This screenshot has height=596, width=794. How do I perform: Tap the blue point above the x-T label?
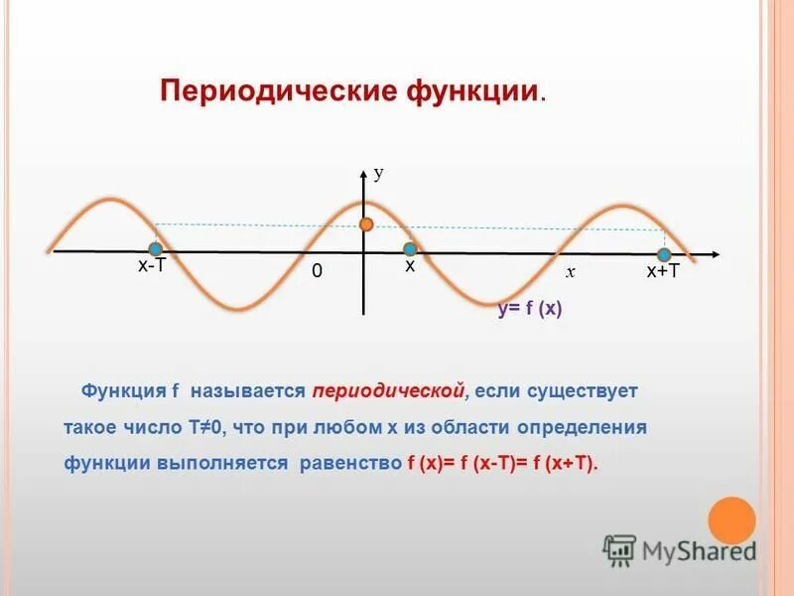tap(156, 249)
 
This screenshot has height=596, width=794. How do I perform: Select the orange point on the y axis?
tap(366, 224)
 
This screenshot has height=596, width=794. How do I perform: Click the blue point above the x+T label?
tap(664, 254)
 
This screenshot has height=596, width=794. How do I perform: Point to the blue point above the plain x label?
tap(409, 249)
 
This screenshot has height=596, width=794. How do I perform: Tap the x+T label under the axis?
tap(663, 272)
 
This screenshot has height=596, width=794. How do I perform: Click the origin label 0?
tap(317, 271)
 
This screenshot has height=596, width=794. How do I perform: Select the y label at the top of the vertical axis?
tap(378, 173)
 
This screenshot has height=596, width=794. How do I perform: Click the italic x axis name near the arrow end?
tap(571, 271)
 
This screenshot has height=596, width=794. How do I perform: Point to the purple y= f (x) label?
tap(530, 309)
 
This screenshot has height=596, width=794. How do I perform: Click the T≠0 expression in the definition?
tap(203, 427)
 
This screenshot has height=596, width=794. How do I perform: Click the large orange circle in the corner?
tap(731, 521)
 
